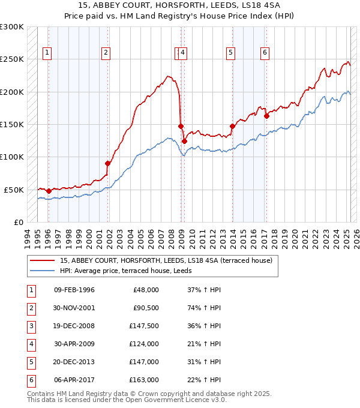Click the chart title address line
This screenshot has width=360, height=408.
[180, 7]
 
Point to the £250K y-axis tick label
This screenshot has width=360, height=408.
[12, 59]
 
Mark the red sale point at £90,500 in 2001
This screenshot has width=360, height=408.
[108, 163]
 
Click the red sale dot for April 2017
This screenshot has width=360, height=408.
[266, 116]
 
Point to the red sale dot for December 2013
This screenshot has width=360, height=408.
[232, 127]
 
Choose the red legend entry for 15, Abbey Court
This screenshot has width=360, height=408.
[166, 260]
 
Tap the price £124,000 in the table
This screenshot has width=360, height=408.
[145, 344]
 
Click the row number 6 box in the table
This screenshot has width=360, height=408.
[29, 380]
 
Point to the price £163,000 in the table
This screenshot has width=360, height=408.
[145, 380]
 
